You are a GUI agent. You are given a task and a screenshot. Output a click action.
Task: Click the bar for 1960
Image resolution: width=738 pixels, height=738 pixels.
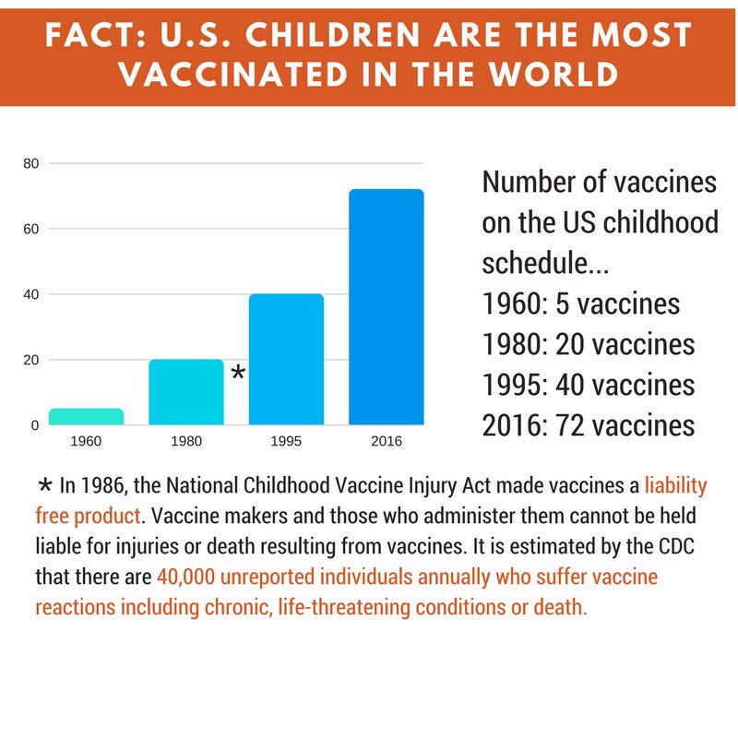click(x=86, y=416)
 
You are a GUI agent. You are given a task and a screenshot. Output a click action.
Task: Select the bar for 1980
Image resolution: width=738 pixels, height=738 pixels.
click(x=186, y=392)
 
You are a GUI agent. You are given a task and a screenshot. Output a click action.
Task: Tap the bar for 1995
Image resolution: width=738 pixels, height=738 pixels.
click(x=286, y=359)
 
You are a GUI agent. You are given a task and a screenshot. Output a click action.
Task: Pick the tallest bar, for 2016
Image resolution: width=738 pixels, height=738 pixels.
click(x=386, y=307)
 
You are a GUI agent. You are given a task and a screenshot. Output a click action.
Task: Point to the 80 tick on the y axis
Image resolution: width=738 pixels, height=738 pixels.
click(x=30, y=163)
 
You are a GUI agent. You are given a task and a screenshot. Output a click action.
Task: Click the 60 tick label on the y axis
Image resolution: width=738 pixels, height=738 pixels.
click(x=30, y=229)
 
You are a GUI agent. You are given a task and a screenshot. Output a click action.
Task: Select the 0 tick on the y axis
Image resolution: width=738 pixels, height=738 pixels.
click(x=34, y=425)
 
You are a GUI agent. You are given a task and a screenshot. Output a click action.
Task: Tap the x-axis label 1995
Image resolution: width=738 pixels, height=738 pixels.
click(x=286, y=442)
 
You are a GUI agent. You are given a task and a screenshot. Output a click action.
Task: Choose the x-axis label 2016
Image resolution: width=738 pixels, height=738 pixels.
click(x=386, y=442)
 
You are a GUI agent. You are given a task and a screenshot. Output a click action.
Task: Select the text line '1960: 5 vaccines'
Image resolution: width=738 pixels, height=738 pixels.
click(x=581, y=304)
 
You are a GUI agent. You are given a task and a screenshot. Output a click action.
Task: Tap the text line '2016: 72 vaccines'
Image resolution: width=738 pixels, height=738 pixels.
click(x=589, y=424)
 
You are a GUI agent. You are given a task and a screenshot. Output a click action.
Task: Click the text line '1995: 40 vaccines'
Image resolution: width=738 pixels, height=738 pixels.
click(x=589, y=384)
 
